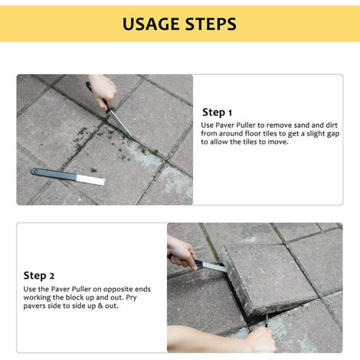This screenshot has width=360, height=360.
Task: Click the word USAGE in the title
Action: point(150,24)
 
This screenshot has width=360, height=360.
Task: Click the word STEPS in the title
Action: point(208,24)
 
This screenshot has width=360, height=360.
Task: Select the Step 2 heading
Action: point(40,276)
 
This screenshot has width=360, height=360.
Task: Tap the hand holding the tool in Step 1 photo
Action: point(103,91)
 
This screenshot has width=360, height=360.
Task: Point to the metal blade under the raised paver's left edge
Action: point(211,266)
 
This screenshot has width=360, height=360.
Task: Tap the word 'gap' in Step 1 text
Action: point(329,133)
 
